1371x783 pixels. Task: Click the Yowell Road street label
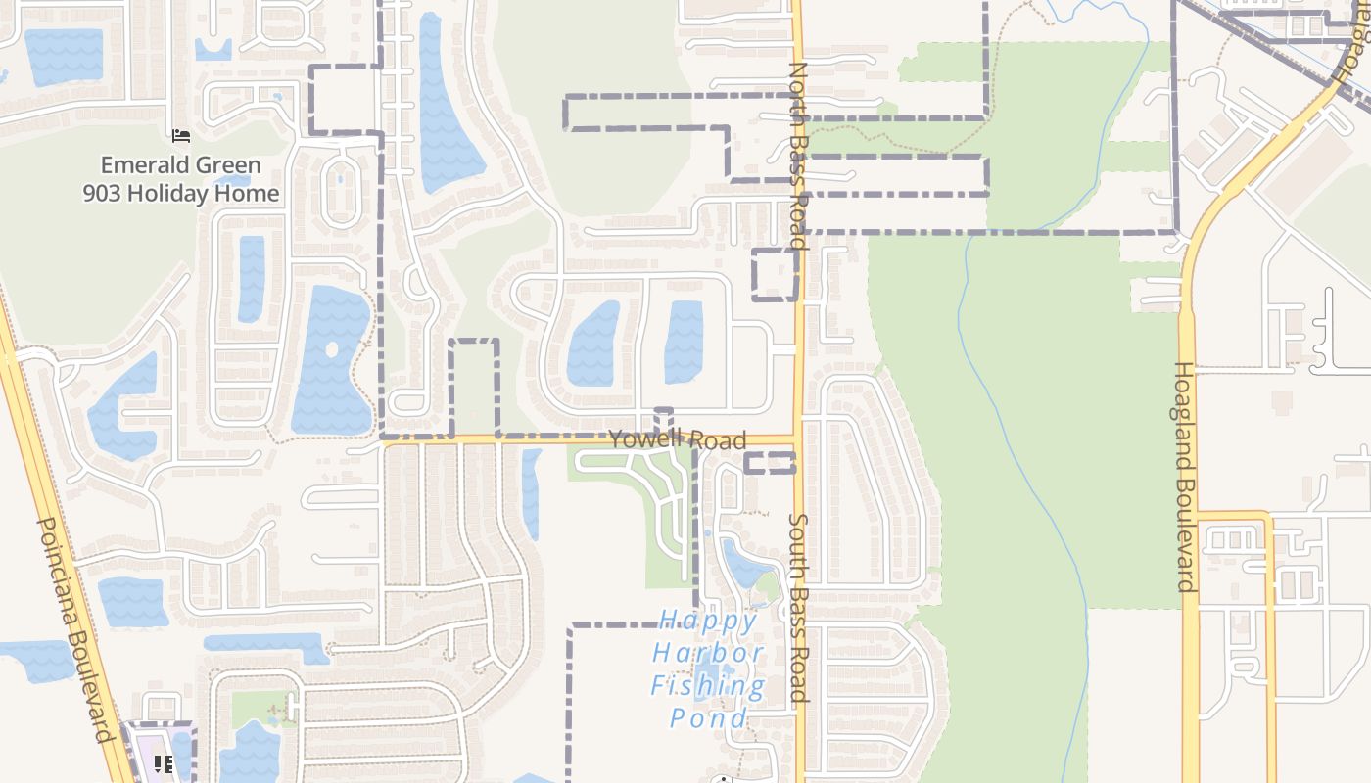coord(678,439)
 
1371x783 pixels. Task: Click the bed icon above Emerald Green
coord(180,135)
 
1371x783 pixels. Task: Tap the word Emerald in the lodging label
coord(148,165)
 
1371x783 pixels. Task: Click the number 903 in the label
coord(102,193)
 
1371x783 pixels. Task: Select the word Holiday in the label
coord(182,193)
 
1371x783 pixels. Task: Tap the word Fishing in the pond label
coord(708,686)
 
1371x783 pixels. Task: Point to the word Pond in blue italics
coord(708,718)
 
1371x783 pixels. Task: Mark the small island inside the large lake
coord(332,349)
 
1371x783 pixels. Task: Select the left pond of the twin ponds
coord(593,343)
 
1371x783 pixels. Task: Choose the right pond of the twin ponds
coord(685,341)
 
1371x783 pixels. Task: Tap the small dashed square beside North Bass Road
coord(775,274)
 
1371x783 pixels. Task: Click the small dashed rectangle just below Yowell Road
coord(770,463)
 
